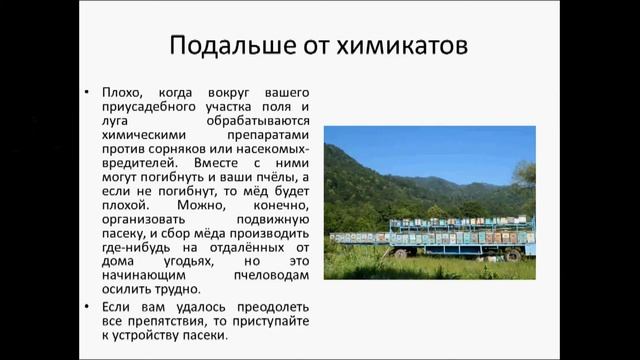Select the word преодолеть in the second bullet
270,305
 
